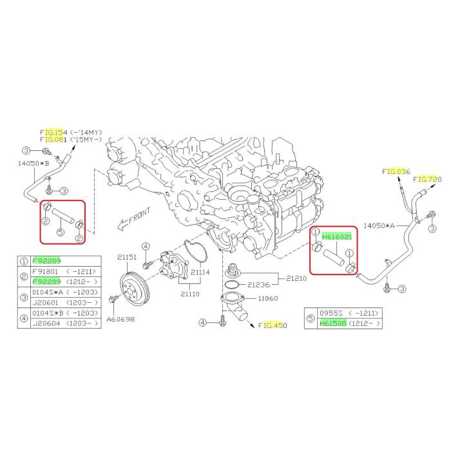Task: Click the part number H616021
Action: [x=337, y=236]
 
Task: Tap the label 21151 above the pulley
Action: [x=127, y=257]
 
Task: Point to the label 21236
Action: [x=259, y=285]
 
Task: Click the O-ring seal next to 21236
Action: [x=232, y=285]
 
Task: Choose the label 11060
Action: [x=268, y=298]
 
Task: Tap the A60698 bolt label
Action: [x=121, y=319]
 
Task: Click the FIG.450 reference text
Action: [x=273, y=325]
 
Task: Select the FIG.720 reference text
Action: [x=427, y=179]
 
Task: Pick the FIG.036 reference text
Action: [x=396, y=172]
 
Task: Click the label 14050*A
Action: [x=379, y=225]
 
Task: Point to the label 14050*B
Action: [x=34, y=164]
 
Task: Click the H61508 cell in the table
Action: [x=333, y=323]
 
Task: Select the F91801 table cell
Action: [x=45, y=271]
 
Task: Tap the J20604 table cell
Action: [x=46, y=323]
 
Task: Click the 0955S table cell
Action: [x=331, y=312]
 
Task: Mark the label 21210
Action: [x=296, y=278]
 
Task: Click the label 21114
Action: [x=200, y=272]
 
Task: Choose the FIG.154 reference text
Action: [x=53, y=133]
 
